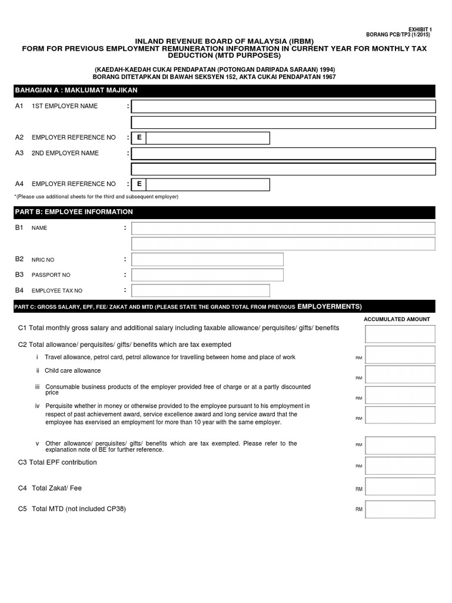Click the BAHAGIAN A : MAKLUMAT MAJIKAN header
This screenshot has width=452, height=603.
(x=76, y=90)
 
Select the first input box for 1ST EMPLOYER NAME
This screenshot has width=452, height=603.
(x=283, y=107)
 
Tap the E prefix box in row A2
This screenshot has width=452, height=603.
(x=139, y=138)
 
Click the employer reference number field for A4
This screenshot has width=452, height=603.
(x=208, y=184)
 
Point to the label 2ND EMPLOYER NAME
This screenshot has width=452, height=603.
(x=65, y=153)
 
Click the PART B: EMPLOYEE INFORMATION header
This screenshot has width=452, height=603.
(x=74, y=212)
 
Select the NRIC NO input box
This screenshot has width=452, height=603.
(x=207, y=260)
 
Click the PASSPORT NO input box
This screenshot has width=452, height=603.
(x=207, y=275)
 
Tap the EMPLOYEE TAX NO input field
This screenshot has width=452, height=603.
(x=200, y=290)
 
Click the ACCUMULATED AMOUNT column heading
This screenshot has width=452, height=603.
(x=397, y=319)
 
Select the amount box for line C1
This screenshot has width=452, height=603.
(x=400, y=334)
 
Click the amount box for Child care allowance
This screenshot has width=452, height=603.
(x=400, y=375)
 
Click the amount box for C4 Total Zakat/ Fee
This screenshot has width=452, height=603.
(x=400, y=486)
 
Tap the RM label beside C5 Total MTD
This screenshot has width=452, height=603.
(x=358, y=509)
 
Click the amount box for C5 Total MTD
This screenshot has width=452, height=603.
(x=400, y=509)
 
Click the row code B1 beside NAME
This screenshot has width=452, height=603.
(x=19, y=227)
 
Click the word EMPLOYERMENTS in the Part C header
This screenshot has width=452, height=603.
(x=330, y=307)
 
